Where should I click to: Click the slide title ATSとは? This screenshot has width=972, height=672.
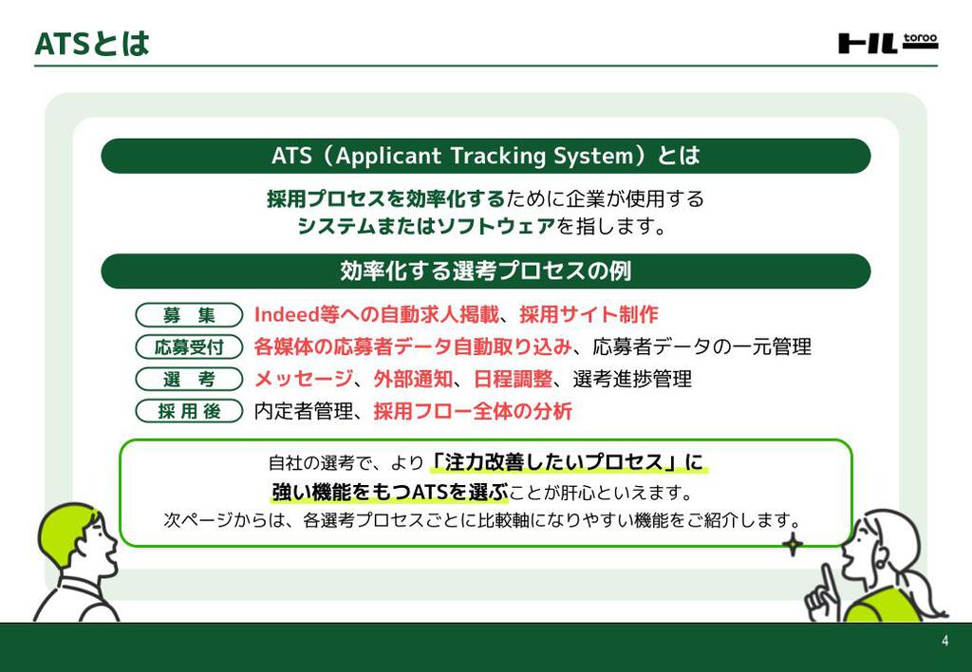(92, 44)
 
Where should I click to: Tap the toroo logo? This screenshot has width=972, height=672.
(888, 43)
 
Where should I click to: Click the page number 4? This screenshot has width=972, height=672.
(944, 641)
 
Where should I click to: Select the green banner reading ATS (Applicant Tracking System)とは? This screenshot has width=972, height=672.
(485, 156)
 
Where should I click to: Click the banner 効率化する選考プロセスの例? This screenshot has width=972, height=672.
(485, 271)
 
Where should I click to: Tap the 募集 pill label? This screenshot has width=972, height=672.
(189, 315)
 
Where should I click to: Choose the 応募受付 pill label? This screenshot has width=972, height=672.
(189, 346)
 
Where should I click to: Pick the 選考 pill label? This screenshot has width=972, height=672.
(189, 379)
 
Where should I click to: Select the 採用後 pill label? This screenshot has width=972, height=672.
(189, 410)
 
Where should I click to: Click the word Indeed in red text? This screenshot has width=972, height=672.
(287, 314)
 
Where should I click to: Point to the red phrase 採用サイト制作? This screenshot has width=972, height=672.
(589, 314)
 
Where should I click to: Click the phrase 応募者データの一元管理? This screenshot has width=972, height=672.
(701, 346)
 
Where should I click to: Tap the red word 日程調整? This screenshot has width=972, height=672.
(514, 379)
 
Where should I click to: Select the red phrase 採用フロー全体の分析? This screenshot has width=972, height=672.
(473, 410)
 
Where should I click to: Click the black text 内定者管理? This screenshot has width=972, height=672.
(304, 410)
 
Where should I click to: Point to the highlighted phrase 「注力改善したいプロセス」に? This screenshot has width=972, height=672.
(568, 462)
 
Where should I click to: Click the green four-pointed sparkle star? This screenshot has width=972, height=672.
(793, 545)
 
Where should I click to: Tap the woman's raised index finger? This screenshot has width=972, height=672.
(827, 580)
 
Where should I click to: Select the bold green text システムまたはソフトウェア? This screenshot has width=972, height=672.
(426, 226)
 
